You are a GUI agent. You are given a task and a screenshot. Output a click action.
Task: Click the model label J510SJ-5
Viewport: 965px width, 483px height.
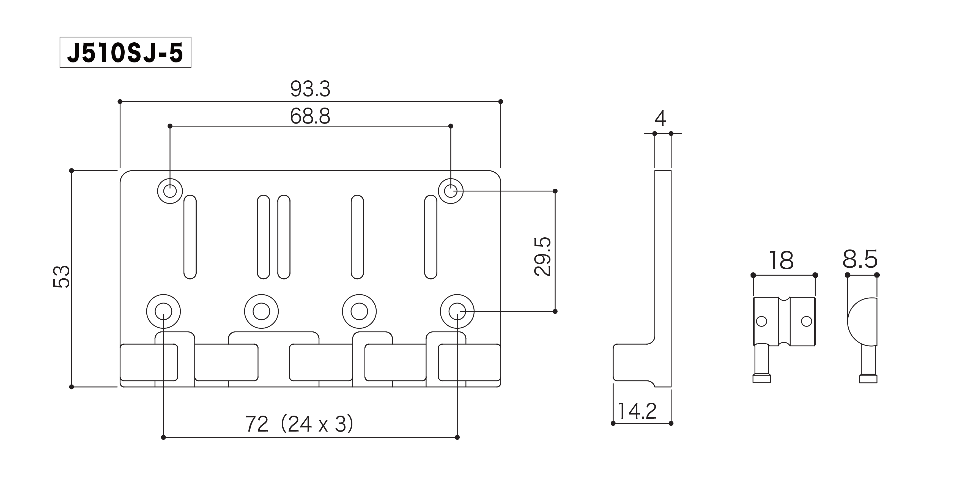pos(125,53)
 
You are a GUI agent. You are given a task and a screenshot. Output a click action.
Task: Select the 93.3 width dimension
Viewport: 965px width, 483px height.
pos(310,89)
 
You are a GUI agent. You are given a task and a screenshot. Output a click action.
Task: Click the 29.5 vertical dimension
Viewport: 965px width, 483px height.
pos(543,256)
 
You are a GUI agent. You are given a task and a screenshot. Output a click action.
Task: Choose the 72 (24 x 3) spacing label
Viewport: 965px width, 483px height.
pos(299,424)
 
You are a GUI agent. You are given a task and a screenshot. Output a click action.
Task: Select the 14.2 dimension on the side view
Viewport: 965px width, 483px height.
pos(637,411)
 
